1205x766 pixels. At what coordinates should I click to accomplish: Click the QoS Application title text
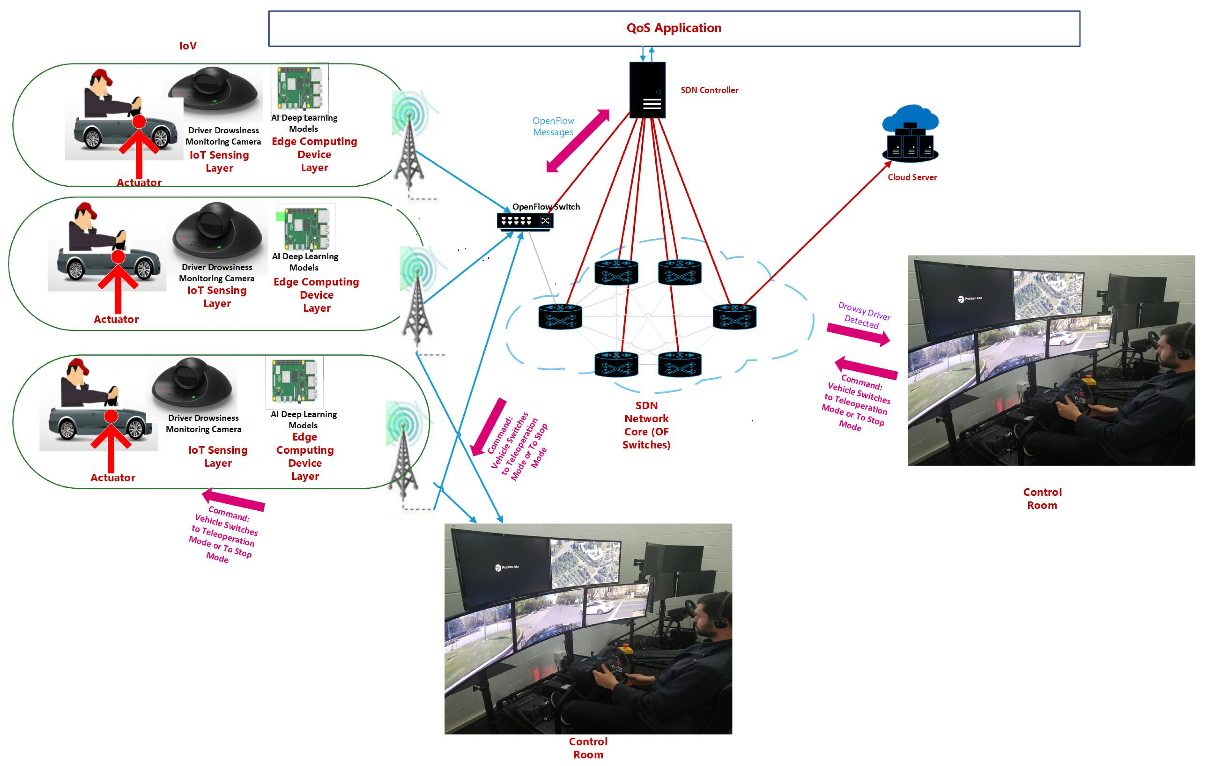[x=673, y=28]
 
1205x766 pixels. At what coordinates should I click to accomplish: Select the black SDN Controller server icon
[x=647, y=90]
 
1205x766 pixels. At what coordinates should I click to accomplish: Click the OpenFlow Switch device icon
[x=524, y=221]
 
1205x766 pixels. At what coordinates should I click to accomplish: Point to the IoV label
[x=188, y=46]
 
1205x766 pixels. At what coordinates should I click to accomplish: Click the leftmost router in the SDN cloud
[x=560, y=317]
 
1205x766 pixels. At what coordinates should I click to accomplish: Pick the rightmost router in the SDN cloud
[x=734, y=317]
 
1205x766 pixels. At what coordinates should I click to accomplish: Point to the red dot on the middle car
[x=118, y=257]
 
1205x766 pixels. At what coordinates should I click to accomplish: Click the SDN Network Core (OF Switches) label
[x=646, y=425]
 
